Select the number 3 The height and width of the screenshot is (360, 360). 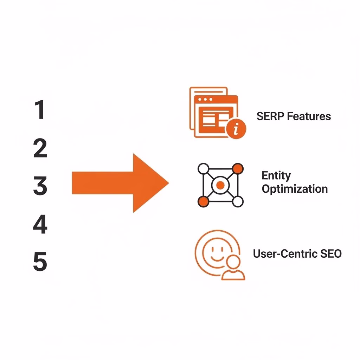point(40,186)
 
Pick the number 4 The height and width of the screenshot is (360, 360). point(40,225)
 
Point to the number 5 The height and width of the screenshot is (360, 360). point(40,263)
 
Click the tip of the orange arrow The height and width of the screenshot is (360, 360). point(168,183)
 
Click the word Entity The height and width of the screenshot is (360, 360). point(276,175)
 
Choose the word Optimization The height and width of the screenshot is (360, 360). point(295,189)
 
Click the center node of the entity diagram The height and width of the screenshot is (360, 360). point(220,185)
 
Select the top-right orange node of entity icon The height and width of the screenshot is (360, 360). point(238,168)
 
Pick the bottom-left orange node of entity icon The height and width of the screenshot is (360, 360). point(203,201)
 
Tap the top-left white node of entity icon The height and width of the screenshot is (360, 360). point(203,169)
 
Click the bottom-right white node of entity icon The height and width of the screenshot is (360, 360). point(238,201)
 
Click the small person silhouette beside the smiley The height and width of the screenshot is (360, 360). point(233,269)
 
